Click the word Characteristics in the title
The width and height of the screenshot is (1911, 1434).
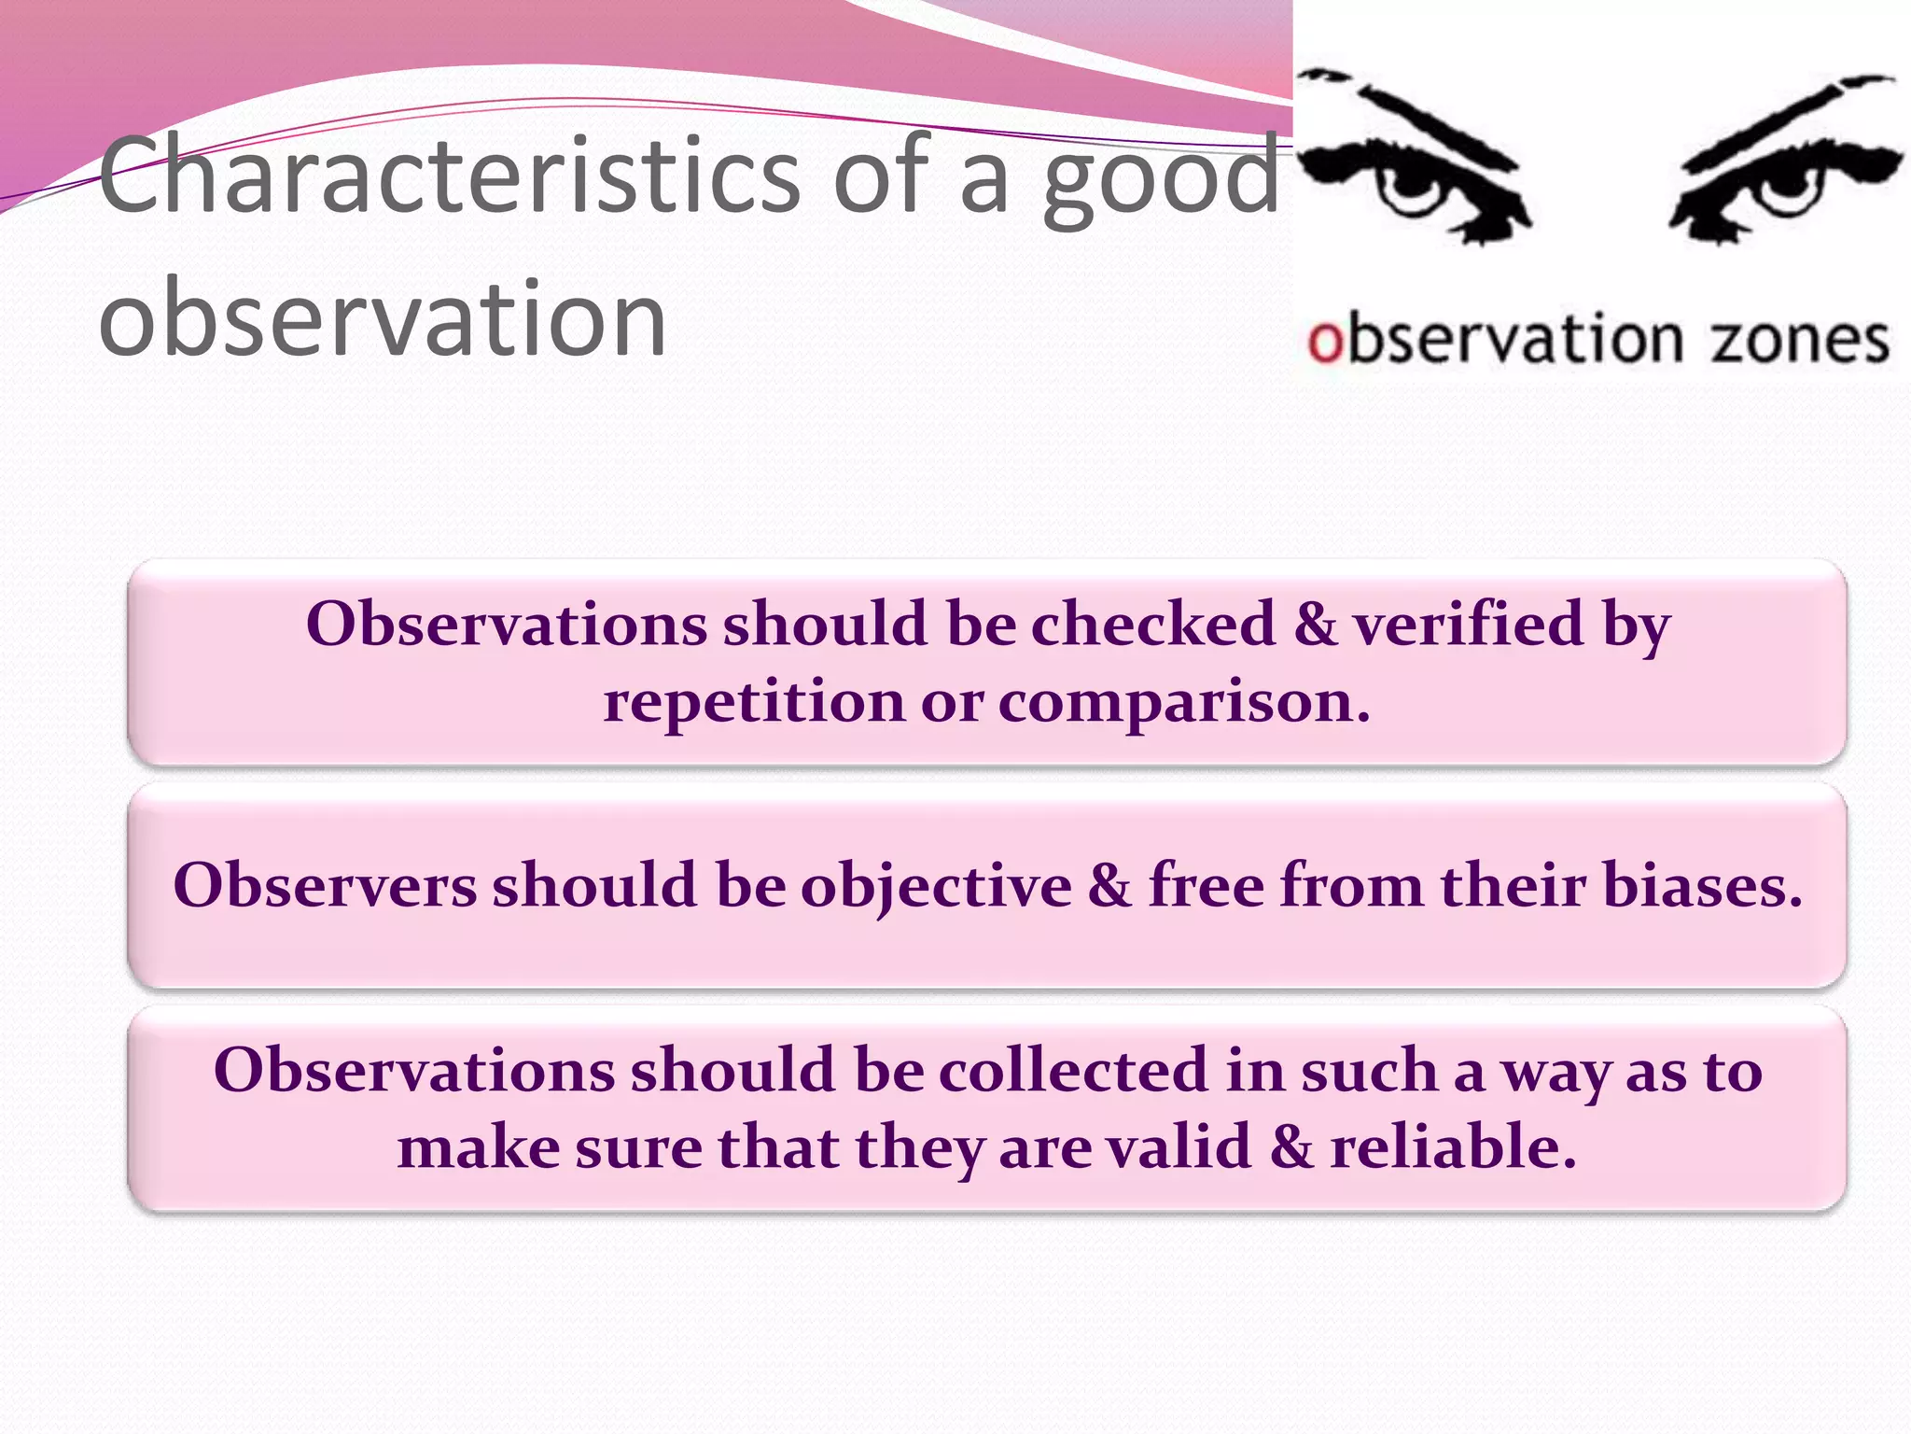pyautogui.click(x=448, y=176)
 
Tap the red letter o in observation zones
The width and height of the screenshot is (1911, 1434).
pyautogui.click(x=1324, y=342)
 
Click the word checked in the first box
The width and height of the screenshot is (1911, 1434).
pyautogui.click(x=1152, y=624)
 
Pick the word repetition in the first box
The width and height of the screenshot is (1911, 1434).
pyautogui.click(x=753, y=702)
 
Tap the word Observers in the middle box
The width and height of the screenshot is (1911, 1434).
pyautogui.click(x=325, y=885)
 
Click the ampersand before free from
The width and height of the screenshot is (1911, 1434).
pyautogui.click(x=1109, y=885)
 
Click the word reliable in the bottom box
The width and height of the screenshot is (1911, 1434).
pyautogui.click(x=1453, y=1147)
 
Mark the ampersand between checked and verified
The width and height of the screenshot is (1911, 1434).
pyautogui.click(x=1315, y=624)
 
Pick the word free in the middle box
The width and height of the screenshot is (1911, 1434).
pyautogui.click(x=1206, y=885)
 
